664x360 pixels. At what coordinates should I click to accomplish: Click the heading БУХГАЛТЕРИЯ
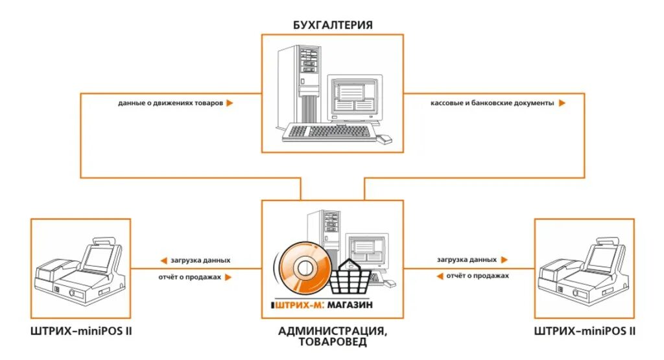tap(331, 25)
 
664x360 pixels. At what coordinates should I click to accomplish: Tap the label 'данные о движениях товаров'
tap(170, 103)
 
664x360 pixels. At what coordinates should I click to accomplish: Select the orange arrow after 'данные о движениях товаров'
tap(230, 103)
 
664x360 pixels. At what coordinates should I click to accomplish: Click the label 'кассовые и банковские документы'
tap(492, 103)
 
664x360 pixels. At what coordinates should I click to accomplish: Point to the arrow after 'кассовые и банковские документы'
tap(562, 103)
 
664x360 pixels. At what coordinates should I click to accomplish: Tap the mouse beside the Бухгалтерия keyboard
tap(385, 139)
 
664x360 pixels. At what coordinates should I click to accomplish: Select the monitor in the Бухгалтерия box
tap(354, 97)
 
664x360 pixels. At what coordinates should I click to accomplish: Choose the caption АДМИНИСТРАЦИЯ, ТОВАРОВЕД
tap(333, 337)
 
